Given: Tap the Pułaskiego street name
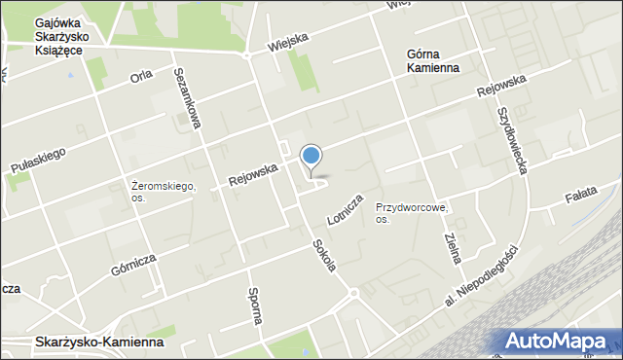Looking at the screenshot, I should pos(38,161).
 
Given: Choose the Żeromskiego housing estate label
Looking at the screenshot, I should pos(164,191).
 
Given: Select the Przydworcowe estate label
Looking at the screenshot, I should pos(411,213).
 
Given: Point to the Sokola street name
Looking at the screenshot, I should pos(324,257).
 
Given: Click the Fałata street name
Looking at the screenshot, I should pos(586,198).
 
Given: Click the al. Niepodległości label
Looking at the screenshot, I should pos(482,276).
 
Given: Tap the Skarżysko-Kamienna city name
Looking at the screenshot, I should pos(98,343).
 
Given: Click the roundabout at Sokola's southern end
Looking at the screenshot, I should pos(354,292).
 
